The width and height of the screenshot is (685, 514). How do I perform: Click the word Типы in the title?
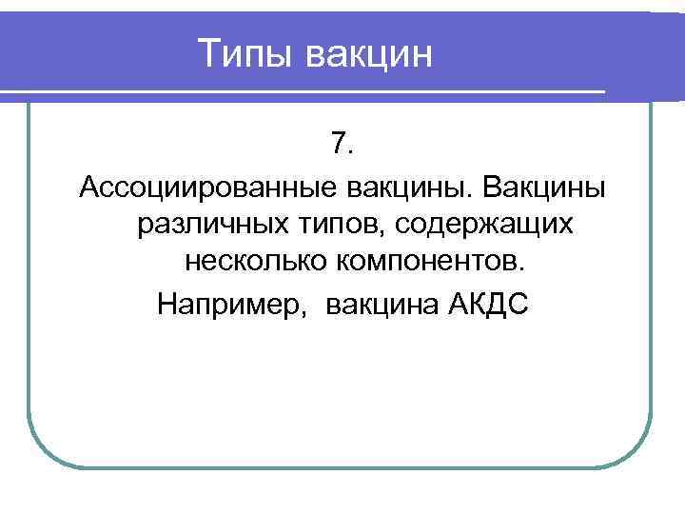[246, 53]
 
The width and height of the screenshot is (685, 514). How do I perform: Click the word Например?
[233, 306]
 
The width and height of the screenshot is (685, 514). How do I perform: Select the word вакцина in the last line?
[381, 306]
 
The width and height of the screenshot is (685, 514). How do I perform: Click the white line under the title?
[304, 92]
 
